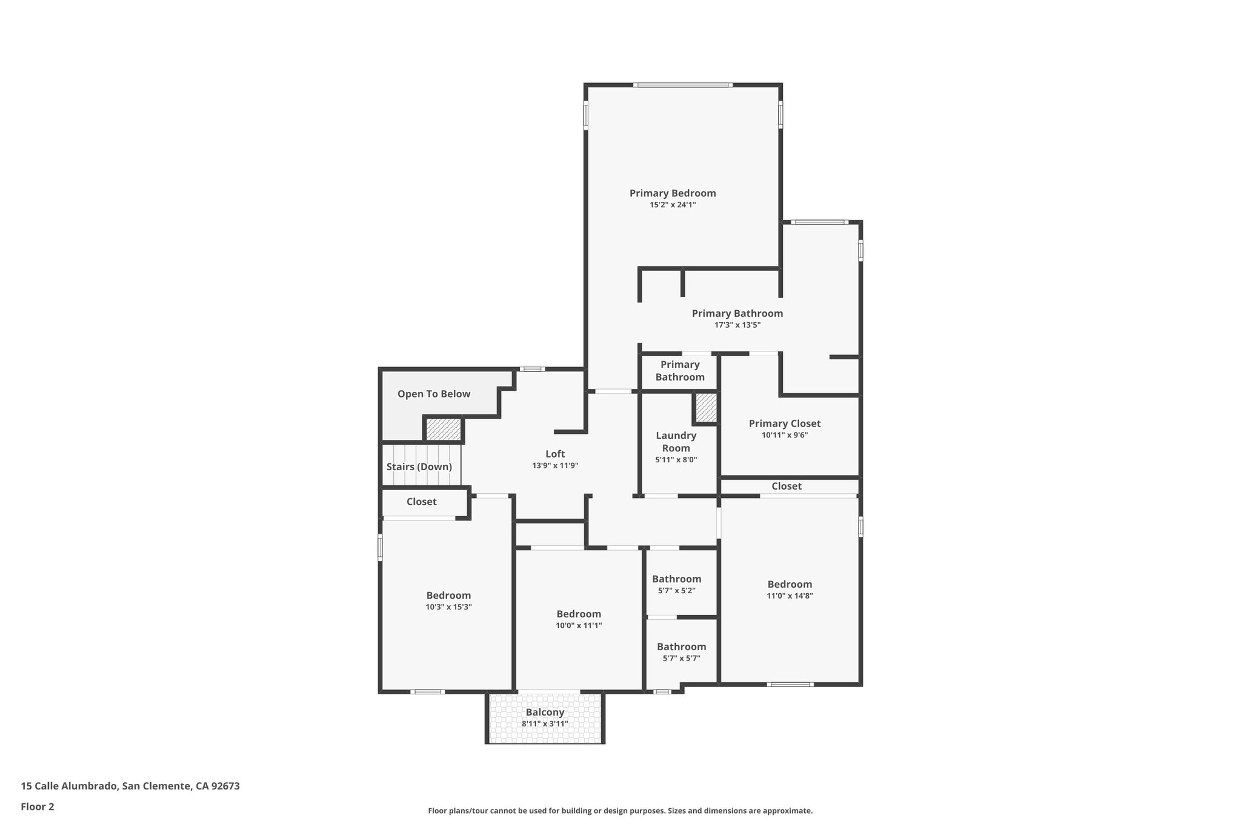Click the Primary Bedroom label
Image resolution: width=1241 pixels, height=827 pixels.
673,193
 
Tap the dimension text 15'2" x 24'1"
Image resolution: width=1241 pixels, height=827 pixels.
673,205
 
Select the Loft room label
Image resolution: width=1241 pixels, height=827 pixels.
555,454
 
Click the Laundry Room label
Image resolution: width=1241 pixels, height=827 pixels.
676,442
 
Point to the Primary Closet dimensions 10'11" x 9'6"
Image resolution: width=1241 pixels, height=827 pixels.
785,435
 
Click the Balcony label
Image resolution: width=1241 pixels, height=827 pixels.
545,712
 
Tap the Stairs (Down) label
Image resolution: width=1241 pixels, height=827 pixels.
419,467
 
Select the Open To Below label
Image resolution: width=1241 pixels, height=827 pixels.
433,394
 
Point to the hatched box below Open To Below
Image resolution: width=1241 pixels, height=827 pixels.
444,430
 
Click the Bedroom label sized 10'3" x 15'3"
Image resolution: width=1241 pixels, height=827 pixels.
448,596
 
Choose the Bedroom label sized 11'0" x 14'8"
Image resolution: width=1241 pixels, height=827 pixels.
790,584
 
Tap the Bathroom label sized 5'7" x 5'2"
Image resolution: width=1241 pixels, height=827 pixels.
676,579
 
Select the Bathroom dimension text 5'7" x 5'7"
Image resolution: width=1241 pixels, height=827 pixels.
682,659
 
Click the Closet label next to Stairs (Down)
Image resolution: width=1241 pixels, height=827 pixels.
421,502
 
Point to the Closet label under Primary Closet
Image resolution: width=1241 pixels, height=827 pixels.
787,486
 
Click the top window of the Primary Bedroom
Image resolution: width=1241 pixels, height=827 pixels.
683,85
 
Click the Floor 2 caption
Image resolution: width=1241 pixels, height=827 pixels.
38,806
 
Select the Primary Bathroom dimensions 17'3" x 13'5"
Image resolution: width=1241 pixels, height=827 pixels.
737,325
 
